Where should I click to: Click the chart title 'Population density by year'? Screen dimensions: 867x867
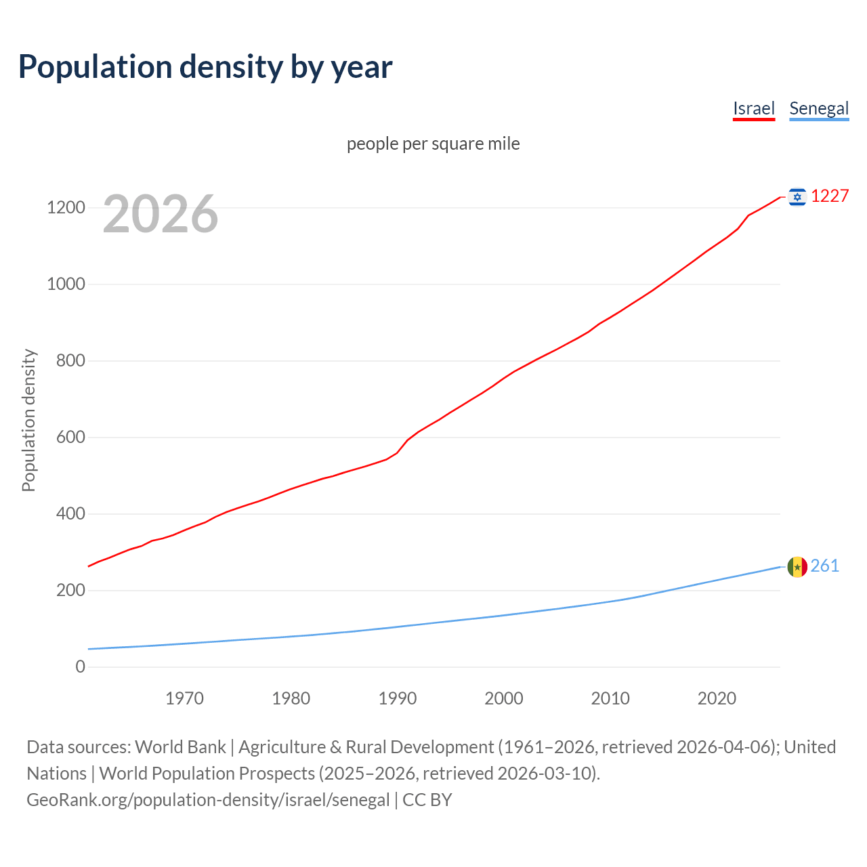point(205,67)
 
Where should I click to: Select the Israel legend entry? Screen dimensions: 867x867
point(753,108)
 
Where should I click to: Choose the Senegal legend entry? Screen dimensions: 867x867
point(819,108)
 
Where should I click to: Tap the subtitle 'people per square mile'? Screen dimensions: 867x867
point(433,144)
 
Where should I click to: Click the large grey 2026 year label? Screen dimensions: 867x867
point(161,214)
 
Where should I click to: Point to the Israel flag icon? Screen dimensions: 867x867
point(797,196)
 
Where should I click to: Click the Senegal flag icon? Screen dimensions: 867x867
point(797,566)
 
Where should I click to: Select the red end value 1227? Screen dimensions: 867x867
point(830,196)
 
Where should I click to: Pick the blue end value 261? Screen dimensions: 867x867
point(825,566)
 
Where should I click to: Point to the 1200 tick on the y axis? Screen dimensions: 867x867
point(66,207)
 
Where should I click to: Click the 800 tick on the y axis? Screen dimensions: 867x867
point(70,360)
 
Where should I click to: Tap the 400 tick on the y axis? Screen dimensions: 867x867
point(70,513)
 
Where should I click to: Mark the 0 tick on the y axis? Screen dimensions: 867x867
point(81,667)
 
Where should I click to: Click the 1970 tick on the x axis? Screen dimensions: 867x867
point(184,698)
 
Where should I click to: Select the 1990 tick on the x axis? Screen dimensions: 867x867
point(398,698)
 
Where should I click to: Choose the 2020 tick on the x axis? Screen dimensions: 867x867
point(717,698)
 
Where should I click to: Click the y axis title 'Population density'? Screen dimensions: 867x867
point(28,420)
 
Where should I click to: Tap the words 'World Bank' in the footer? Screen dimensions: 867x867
point(180,746)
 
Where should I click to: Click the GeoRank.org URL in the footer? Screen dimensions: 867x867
point(208,799)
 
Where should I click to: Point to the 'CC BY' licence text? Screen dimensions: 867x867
point(427,799)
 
